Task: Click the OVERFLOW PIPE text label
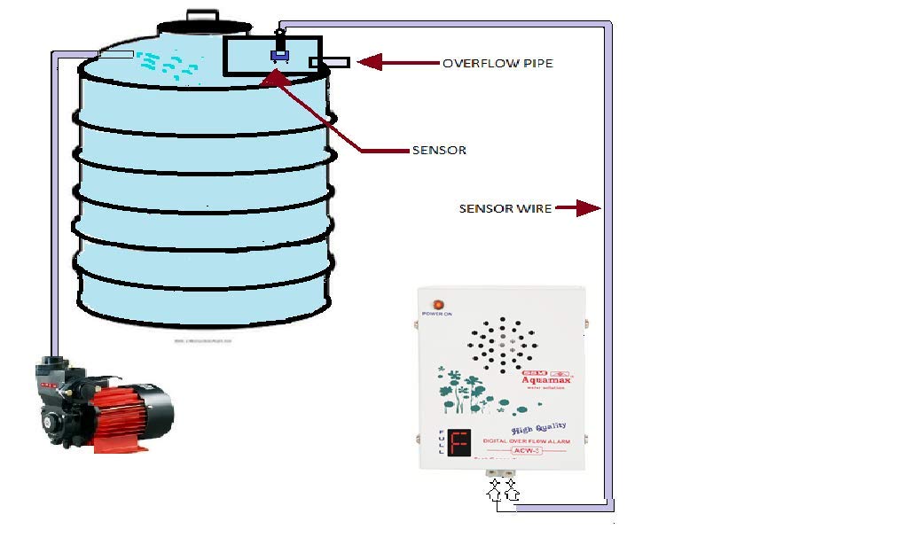(x=498, y=63)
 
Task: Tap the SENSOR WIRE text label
(x=505, y=209)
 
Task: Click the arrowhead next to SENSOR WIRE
(x=587, y=208)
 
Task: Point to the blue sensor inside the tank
(x=280, y=56)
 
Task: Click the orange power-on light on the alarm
(x=437, y=305)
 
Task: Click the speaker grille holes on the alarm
(x=502, y=343)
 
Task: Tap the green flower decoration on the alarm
(x=466, y=390)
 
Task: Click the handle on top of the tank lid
(x=202, y=15)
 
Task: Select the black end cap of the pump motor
(x=159, y=410)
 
